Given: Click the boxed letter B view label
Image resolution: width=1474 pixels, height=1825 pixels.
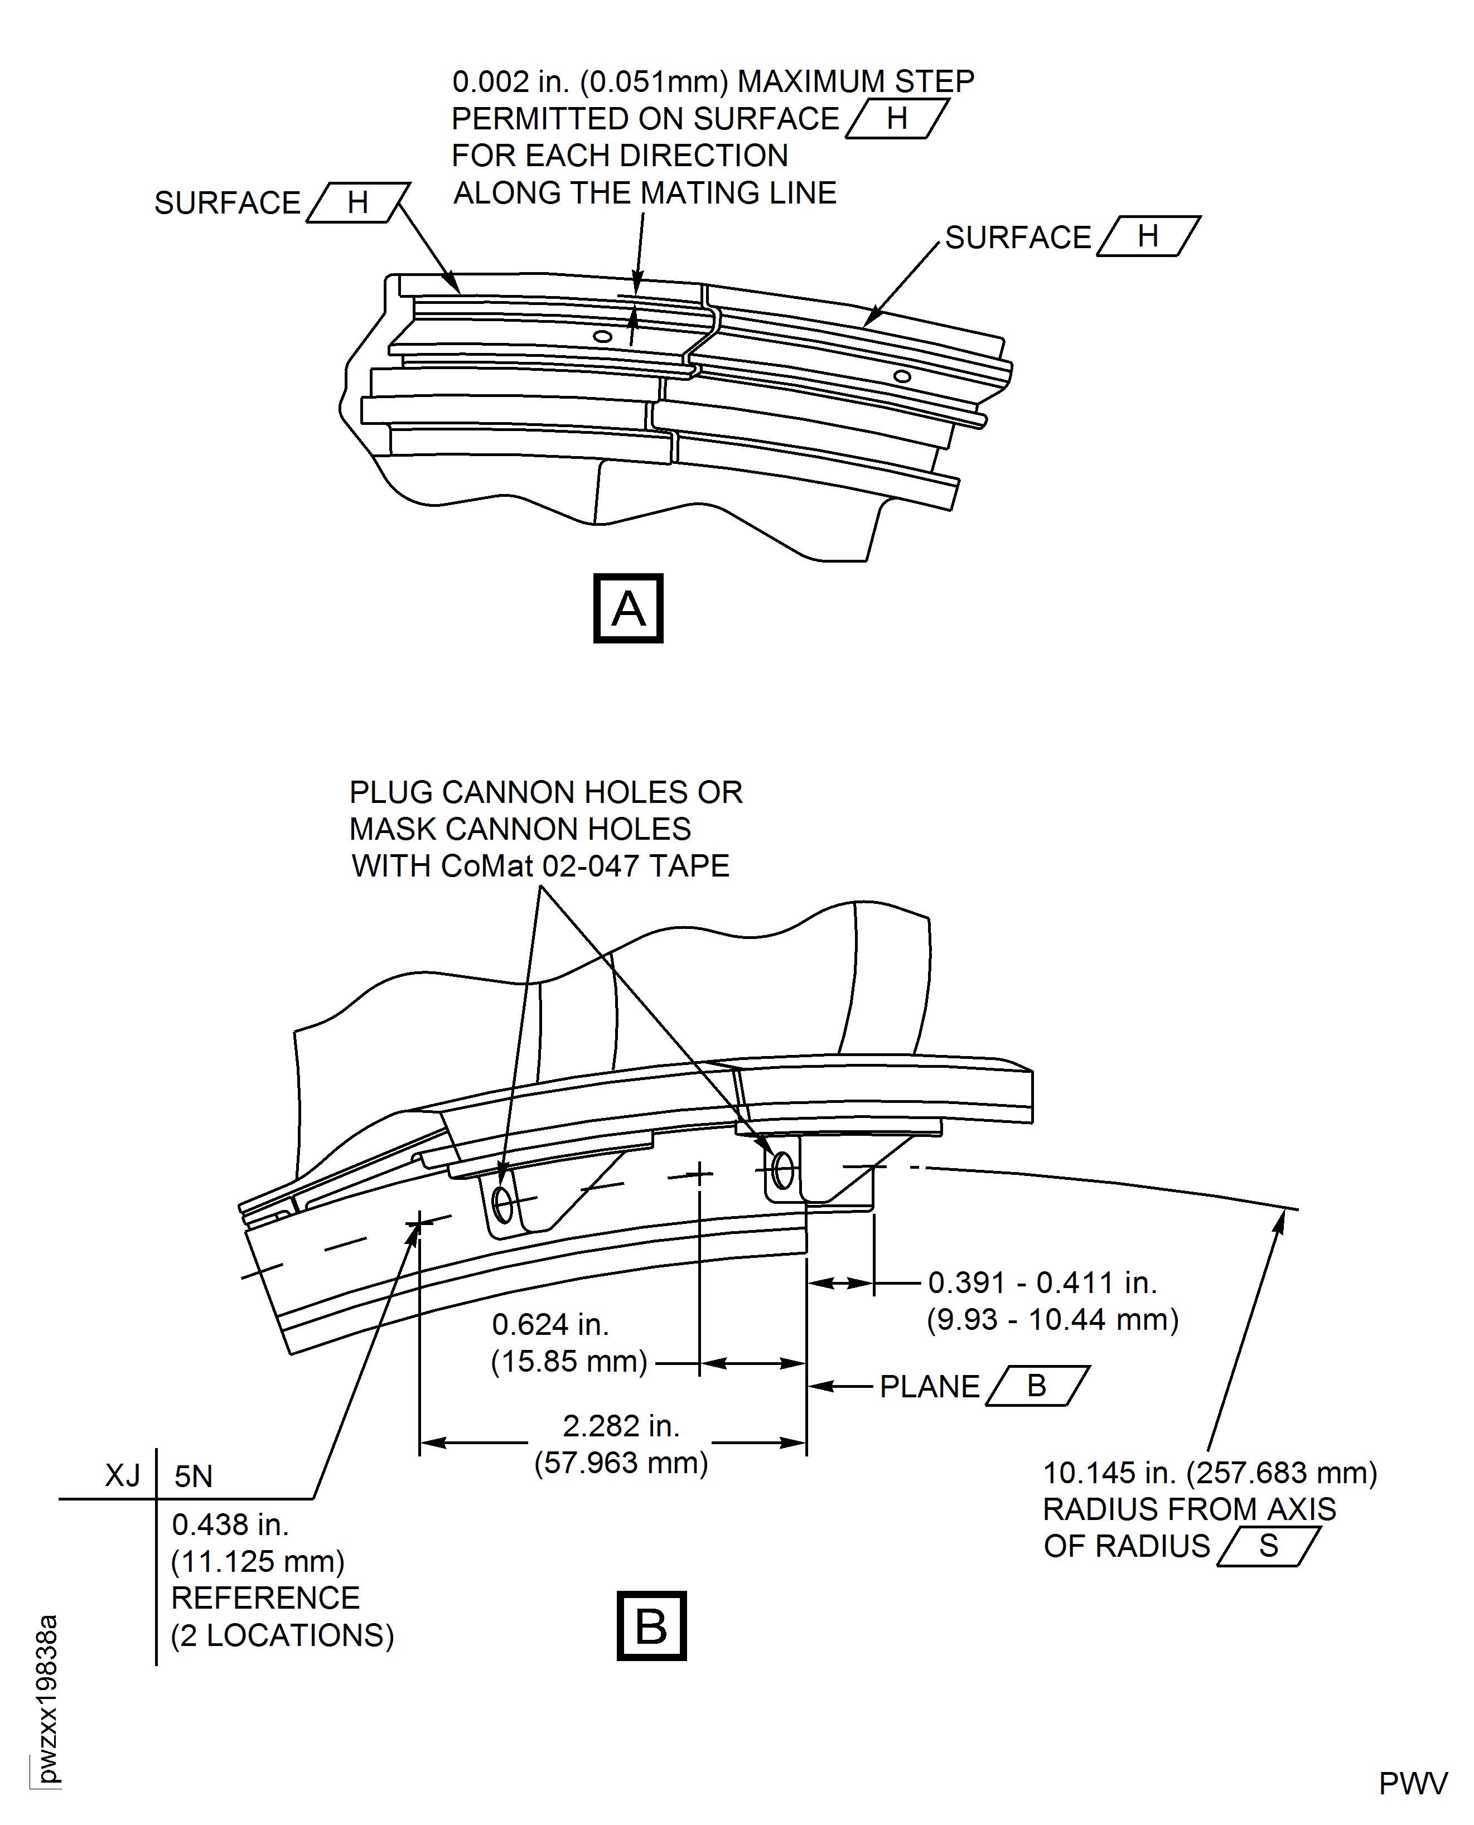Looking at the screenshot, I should [651, 1625].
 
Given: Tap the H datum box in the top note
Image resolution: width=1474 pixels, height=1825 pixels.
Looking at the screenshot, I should [897, 119].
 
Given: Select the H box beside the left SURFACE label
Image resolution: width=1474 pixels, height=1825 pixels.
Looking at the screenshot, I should [357, 203].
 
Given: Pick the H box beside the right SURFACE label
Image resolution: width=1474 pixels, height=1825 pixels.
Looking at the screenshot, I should [1148, 236].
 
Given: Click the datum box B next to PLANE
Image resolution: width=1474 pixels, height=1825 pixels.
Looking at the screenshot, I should [1037, 1386].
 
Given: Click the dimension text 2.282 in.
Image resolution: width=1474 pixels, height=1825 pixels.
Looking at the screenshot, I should [621, 1426].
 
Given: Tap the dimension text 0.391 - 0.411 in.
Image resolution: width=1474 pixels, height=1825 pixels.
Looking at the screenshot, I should [1042, 1282].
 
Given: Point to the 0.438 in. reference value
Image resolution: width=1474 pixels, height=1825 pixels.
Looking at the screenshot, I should [230, 1524].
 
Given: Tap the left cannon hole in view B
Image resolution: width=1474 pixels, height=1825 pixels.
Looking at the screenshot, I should [502, 1204].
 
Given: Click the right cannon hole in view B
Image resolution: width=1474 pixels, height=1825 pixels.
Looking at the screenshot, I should [783, 1172].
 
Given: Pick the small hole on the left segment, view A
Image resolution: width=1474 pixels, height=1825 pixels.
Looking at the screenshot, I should [602, 336].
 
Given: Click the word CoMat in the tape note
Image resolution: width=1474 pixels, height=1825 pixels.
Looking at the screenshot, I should [487, 866].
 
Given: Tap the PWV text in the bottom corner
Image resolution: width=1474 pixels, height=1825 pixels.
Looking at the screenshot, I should [1413, 1784].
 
